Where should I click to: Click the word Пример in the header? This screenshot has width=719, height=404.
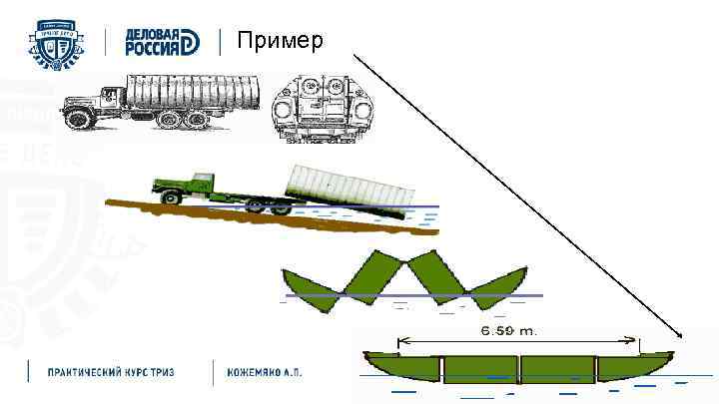tap(281, 41)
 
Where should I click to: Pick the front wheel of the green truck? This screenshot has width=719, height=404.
tap(171, 200)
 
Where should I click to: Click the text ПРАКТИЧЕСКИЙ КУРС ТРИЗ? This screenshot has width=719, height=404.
tap(111, 371)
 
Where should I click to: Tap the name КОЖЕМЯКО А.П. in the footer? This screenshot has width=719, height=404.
tap(264, 371)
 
